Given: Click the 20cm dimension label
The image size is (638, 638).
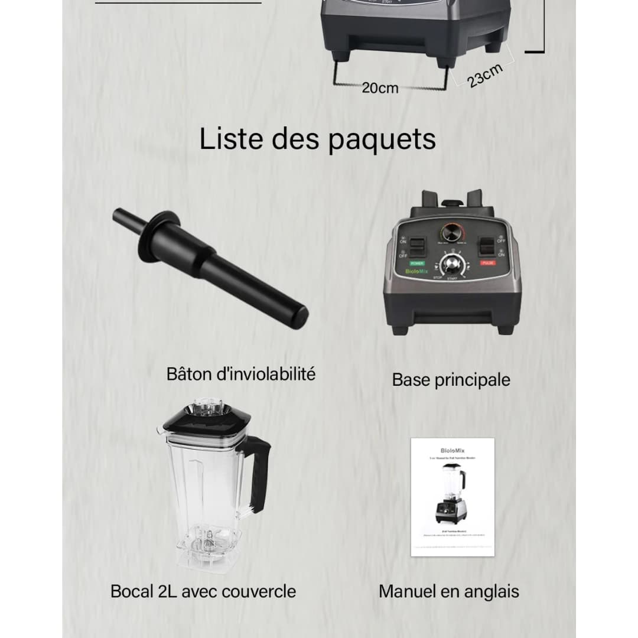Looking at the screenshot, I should (x=380, y=88).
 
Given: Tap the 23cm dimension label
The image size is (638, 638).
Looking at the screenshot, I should (x=486, y=76).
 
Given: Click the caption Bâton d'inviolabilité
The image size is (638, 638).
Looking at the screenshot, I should (x=241, y=374).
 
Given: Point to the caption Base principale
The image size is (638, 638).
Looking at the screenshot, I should (x=451, y=380).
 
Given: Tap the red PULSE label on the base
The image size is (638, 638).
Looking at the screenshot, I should (x=488, y=262).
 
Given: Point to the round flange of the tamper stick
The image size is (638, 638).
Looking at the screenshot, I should (x=160, y=229).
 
